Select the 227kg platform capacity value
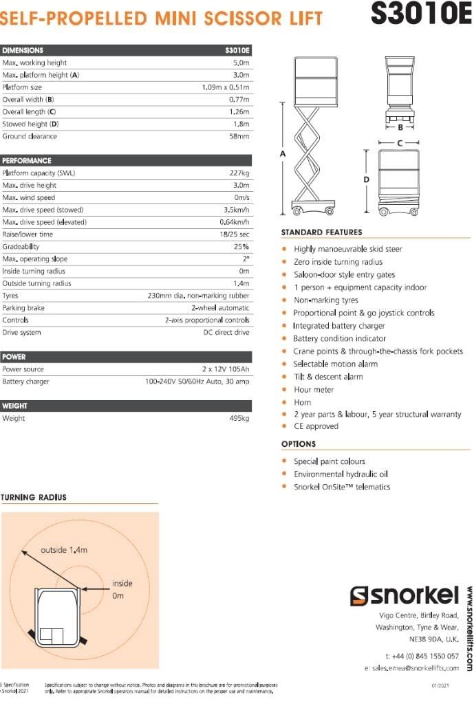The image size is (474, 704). (x=239, y=173)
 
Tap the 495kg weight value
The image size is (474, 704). (x=239, y=418)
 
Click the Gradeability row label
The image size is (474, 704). (x=21, y=247)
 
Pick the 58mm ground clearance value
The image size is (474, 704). (x=239, y=137)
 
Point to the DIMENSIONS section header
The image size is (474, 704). (x=23, y=50)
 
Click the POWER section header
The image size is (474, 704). (x=14, y=357)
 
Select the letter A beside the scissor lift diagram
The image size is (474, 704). (x=283, y=154)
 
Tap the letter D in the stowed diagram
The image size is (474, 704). (x=367, y=179)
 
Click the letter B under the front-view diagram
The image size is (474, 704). (x=399, y=127)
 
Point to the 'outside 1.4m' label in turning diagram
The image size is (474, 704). (x=64, y=550)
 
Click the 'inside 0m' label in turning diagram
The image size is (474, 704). (x=122, y=589)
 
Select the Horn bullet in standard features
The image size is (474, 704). (x=302, y=402)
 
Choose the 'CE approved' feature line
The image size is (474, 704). (x=316, y=426)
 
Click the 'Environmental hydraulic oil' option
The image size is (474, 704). (x=341, y=474)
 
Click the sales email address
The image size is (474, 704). (x=411, y=668)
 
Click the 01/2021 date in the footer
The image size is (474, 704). (x=440, y=685)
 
